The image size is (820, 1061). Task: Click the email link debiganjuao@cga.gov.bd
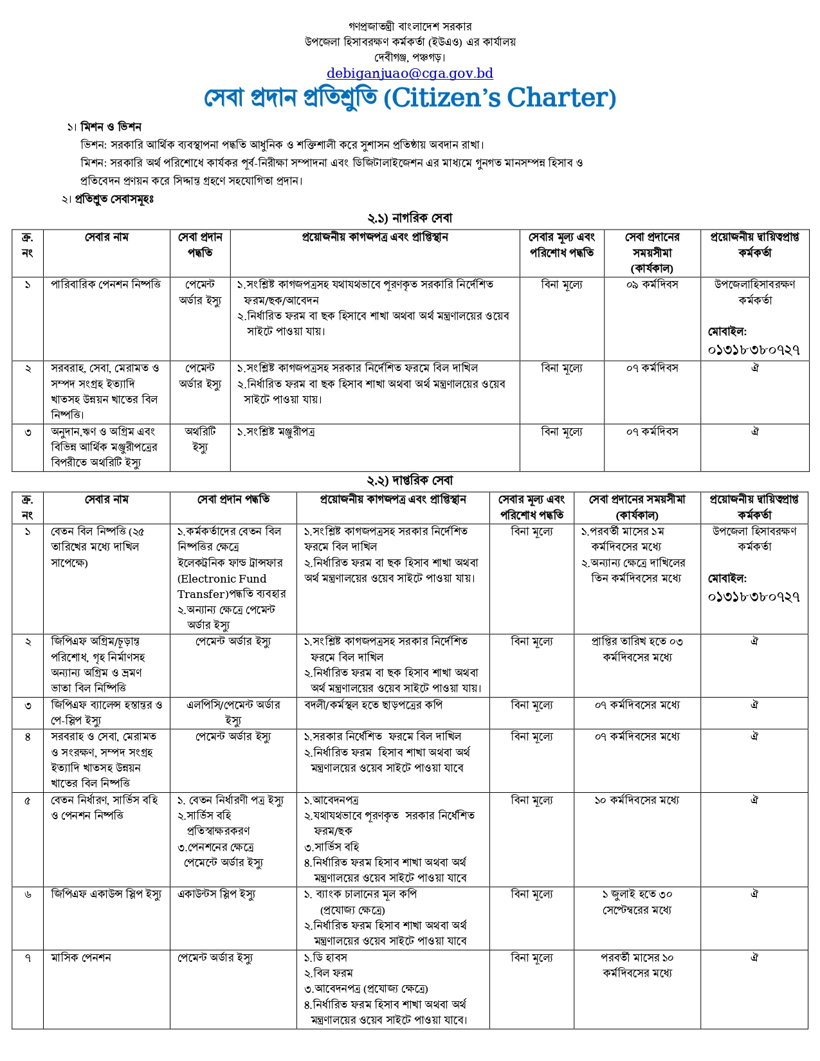point(410,73)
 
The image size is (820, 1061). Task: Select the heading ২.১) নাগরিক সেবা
point(410,218)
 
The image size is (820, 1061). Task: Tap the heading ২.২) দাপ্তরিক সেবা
point(410,480)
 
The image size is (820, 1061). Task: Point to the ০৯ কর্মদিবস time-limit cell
point(652,284)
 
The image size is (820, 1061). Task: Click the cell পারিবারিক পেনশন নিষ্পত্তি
point(106,284)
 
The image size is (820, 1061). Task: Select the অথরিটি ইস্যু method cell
point(200,439)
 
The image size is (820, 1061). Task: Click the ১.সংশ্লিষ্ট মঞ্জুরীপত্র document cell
point(276,432)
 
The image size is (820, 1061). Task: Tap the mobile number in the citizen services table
point(754,350)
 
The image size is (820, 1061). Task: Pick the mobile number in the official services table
point(754,597)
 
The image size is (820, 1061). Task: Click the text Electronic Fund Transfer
point(222,586)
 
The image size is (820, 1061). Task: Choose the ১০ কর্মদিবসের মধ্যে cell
point(637,801)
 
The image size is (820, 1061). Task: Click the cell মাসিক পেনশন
point(81,958)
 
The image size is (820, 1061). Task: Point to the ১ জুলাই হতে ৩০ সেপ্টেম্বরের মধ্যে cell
point(637,902)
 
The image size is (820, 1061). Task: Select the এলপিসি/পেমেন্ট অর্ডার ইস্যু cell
point(233,712)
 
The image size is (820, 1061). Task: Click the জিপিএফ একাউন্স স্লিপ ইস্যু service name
point(106,894)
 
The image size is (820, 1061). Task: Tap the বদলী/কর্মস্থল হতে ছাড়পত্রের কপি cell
point(373,705)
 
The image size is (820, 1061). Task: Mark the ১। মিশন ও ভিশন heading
point(104,127)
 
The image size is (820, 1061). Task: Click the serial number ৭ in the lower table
point(28,958)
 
